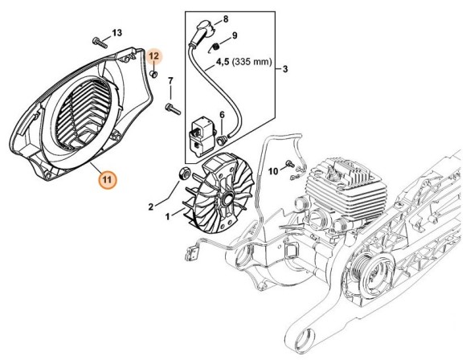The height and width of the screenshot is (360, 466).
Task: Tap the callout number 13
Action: pyautogui.click(x=117, y=32)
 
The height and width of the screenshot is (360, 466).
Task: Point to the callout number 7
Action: pyautogui.click(x=170, y=81)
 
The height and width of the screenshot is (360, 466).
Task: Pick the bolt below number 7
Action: pyautogui.click(x=171, y=105)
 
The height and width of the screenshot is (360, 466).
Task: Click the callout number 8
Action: pyautogui.click(x=225, y=18)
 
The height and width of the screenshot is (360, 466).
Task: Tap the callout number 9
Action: pyautogui.click(x=235, y=36)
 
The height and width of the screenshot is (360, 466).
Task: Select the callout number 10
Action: pyautogui.click(x=272, y=170)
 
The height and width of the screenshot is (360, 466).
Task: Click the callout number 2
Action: pyautogui.click(x=149, y=207)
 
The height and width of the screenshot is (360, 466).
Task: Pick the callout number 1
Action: pyautogui.click(x=166, y=217)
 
